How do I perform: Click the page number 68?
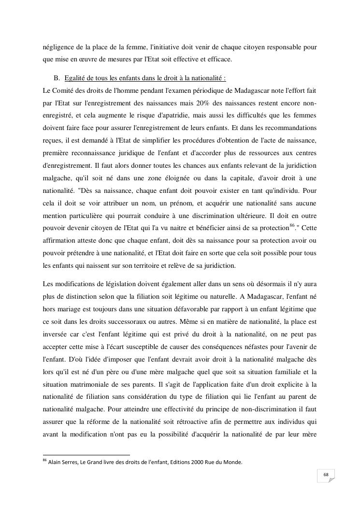coord(326,475)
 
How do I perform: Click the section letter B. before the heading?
coord(57,78)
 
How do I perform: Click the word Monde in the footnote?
coord(233,462)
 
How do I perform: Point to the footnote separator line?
coord(86,454)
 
